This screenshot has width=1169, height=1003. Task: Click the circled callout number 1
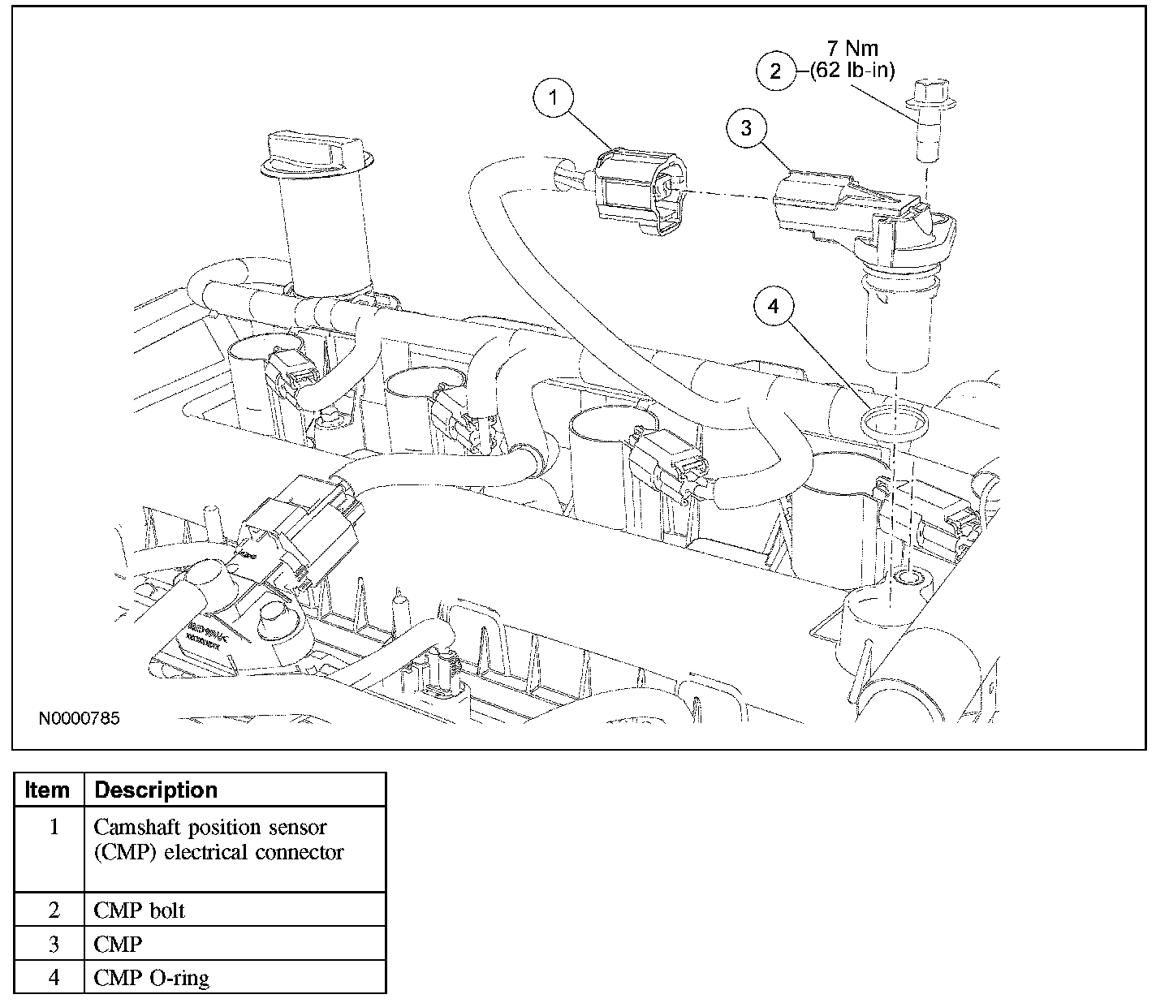[x=553, y=99]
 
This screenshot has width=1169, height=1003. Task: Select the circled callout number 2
[x=775, y=71]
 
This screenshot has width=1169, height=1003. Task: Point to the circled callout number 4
[x=773, y=307]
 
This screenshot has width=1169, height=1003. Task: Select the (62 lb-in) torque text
[x=852, y=71]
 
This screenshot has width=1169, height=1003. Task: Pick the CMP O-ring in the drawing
[x=891, y=423]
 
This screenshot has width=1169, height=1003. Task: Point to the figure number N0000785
[x=79, y=719]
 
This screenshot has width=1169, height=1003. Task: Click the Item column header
[x=48, y=790]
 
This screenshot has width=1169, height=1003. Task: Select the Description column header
[x=156, y=790]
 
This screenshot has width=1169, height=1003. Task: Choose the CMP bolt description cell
[x=140, y=910]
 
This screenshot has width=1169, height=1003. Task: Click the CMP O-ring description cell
[x=151, y=977]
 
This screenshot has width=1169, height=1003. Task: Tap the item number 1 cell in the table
[x=54, y=828]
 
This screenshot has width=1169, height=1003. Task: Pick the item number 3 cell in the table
[x=54, y=944]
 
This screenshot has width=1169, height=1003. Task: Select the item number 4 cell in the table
[x=54, y=977]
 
